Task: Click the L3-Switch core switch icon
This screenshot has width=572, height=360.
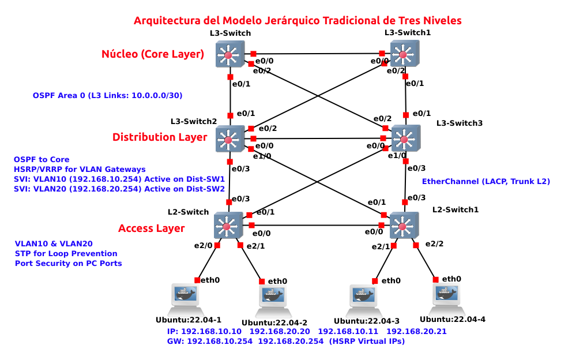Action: click(229, 55)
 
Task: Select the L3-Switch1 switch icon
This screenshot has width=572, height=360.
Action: click(404, 55)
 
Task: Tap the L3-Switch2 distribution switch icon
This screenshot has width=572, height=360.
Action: click(229, 138)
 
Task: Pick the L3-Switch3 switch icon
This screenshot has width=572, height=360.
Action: click(406, 138)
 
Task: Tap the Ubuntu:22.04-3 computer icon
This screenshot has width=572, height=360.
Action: click(364, 297)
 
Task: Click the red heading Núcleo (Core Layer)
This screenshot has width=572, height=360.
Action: click(153, 54)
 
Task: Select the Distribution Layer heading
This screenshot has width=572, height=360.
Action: click(160, 137)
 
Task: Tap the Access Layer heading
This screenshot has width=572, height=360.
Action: click(152, 228)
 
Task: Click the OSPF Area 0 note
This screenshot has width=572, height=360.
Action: click(108, 95)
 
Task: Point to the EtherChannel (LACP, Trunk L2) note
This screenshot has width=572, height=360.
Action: click(486, 181)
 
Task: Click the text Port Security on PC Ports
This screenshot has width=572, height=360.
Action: click(68, 263)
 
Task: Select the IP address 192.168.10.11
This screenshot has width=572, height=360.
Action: click(348, 332)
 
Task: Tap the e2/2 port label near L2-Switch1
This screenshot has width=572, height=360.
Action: click(434, 244)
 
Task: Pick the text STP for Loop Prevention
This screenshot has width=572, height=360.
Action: click(66, 253)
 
